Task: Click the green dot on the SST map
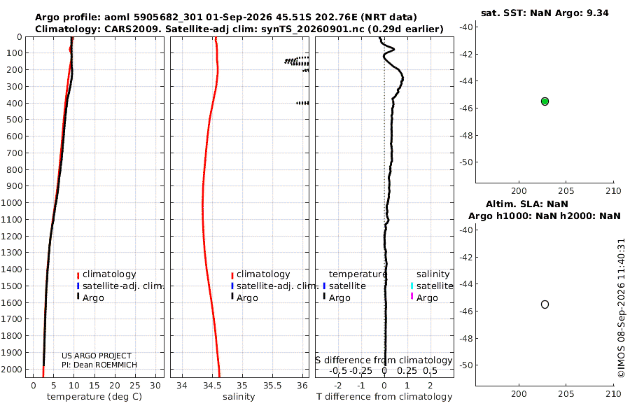(545, 101)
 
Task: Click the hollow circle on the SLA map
(545, 304)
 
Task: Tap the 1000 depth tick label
(11, 202)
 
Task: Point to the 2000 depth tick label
(11, 369)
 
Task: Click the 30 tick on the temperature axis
(155, 386)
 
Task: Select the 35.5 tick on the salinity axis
(272, 386)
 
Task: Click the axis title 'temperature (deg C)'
(94, 397)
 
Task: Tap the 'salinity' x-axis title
(239, 397)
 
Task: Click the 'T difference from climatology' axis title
(384, 397)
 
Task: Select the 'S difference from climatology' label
(384, 360)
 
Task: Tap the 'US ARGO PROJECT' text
(97, 356)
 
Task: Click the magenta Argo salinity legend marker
(412, 296)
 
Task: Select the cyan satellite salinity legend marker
(412, 286)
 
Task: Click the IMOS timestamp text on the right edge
(622, 308)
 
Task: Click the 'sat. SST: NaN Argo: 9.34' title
(545, 13)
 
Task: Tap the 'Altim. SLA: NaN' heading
(526, 204)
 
